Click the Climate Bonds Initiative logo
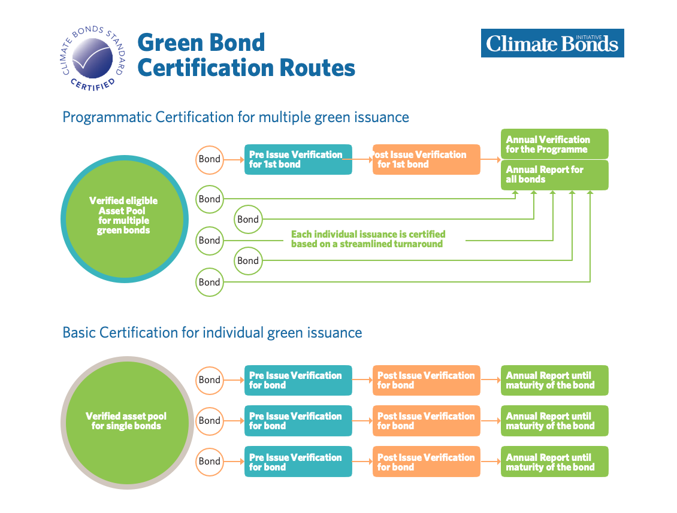click(x=552, y=43)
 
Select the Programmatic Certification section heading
click(x=235, y=117)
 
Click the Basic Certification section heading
click(x=212, y=333)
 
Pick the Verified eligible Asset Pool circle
click(x=125, y=218)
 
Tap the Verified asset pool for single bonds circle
click(x=127, y=423)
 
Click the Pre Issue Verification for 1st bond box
click(x=298, y=159)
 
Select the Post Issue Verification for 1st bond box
click(x=426, y=159)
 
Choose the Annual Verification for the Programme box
click(x=554, y=144)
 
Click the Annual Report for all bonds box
click(x=554, y=175)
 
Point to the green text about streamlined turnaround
click(x=368, y=239)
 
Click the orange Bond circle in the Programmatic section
click(x=210, y=160)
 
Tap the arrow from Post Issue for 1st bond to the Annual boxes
click(x=491, y=159)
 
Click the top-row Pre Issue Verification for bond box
click(x=298, y=380)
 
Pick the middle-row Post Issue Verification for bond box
click(x=426, y=421)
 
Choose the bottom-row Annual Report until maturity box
click(x=554, y=462)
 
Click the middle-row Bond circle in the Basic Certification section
click(x=210, y=421)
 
